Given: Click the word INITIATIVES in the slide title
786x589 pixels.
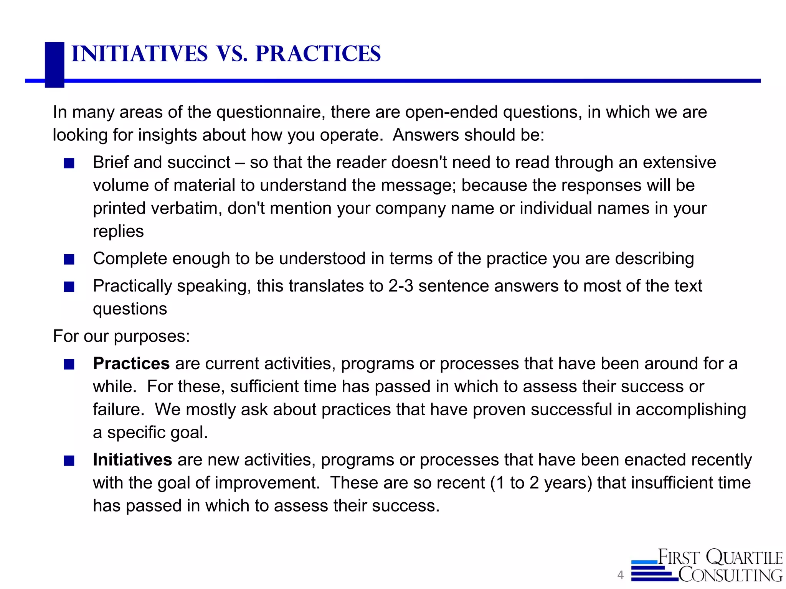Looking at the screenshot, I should click(x=139, y=54).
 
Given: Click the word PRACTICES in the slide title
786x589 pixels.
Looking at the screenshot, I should click(x=318, y=54).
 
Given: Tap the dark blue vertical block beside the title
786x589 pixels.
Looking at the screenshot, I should click(x=54, y=64).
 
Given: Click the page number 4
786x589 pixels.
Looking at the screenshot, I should click(x=620, y=575).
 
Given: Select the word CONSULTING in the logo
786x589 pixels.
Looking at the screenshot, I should click(x=730, y=575).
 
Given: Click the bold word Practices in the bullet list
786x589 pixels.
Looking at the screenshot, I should click(x=131, y=364).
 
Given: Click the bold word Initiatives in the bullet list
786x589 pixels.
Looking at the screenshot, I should click(x=132, y=460).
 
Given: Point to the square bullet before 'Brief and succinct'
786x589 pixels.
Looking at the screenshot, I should click(x=69, y=164).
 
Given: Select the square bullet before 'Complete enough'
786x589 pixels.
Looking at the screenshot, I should click(x=69, y=260).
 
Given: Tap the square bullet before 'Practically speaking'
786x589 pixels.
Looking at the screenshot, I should click(x=69, y=287).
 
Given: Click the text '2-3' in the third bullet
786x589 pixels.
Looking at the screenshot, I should click(x=401, y=286).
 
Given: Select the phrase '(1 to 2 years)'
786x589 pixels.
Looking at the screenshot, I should click(x=542, y=483).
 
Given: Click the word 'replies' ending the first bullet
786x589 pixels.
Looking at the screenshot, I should click(x=118, y=232).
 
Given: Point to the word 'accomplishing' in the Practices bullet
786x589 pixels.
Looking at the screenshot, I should click(x=690, y=410).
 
